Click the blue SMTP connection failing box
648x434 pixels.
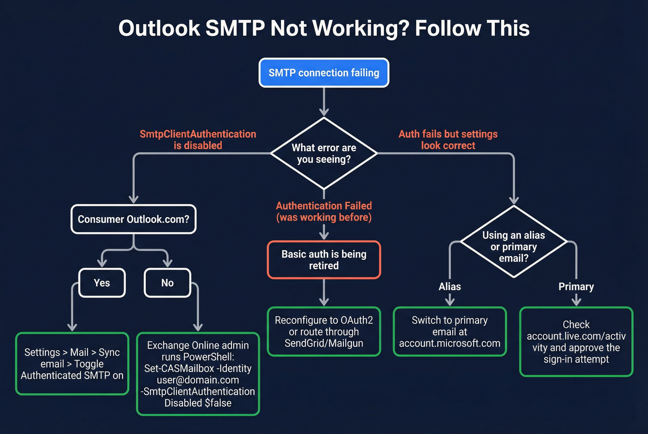[324, 73]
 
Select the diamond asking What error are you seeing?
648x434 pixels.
[324, 153]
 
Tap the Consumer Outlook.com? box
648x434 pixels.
[133, 219]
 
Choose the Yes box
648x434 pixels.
[102, 282]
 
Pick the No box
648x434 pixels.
[167, 282]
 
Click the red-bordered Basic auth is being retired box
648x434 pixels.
[324, 260]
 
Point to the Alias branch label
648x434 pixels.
[449, 287]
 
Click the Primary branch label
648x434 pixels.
[576, 287]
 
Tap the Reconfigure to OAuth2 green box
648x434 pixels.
[324, 331]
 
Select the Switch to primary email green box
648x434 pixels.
[449, 331]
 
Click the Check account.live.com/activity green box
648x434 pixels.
[576, 342]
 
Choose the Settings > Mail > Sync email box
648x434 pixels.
[72, 364]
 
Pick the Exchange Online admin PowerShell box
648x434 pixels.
[198, 373]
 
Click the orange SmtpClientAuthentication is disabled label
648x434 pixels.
[198, 140]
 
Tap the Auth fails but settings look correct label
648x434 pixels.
[448, 140]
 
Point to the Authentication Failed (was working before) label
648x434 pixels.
[324, 211]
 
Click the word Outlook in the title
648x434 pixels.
[159, 29]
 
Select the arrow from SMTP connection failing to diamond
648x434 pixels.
[324, 101]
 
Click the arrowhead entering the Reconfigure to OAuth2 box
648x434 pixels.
[324, 302]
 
